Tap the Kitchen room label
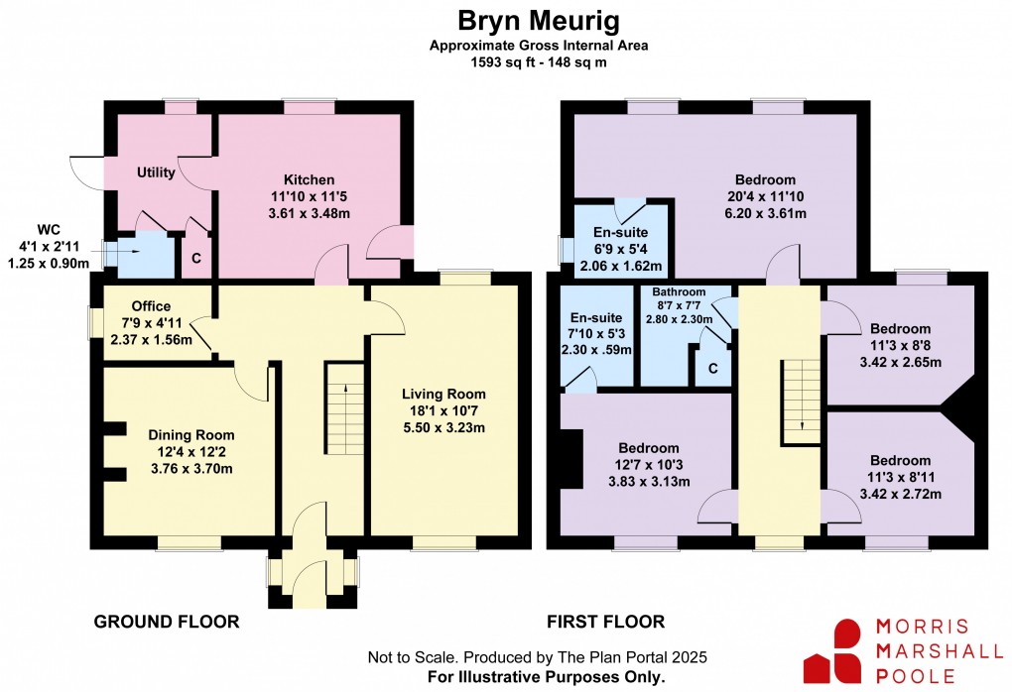309,179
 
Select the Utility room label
156,173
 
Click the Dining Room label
191,434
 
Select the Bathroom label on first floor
679,292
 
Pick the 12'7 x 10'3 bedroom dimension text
650,464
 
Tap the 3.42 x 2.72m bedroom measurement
900,493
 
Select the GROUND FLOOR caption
167,622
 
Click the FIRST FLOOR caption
605,622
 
